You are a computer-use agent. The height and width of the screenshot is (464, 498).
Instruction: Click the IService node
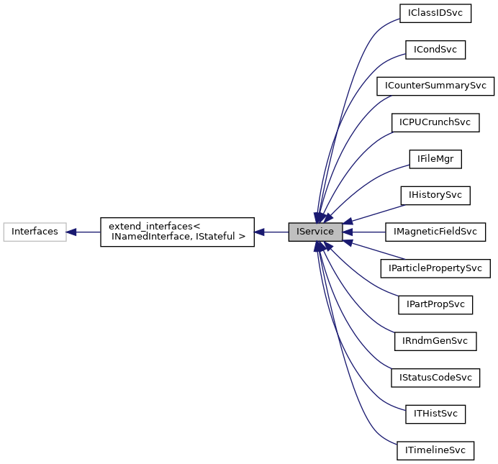314,232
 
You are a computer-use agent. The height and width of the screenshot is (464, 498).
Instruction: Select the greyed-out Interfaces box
35,232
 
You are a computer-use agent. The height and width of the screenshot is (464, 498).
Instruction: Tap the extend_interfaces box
176,232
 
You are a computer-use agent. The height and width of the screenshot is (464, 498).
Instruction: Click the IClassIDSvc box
435,13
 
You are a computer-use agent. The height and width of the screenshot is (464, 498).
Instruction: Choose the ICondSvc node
435,50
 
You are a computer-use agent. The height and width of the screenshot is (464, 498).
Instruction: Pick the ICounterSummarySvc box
435,86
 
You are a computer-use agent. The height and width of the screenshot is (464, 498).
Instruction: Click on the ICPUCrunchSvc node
435,122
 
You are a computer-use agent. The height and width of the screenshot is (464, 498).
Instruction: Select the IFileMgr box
435,159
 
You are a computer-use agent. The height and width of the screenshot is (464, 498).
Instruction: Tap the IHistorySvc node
435,195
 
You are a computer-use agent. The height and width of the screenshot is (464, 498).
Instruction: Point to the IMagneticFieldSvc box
435,232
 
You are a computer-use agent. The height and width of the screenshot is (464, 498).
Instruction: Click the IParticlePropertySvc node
435,268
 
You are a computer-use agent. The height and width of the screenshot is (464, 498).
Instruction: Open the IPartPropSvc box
435,305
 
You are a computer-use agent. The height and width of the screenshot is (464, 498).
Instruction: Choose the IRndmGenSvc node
435,341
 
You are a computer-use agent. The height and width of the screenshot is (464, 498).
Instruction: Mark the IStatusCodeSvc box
435,378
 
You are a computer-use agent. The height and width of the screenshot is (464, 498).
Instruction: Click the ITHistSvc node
435,414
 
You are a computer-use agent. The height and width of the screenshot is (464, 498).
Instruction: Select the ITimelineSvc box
435,451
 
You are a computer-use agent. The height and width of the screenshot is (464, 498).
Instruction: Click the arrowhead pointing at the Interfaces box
72,232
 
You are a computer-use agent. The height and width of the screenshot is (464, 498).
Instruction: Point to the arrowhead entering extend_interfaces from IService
260,232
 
